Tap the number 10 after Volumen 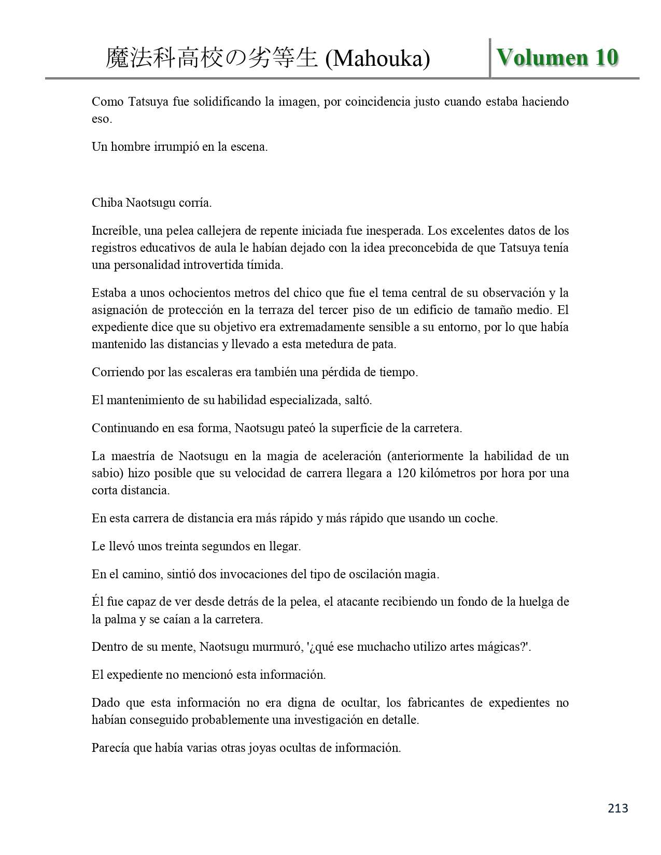pos(607,57)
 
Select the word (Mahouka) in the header pos(377,59)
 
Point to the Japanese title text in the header pos(212,58)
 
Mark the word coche pos(481,518)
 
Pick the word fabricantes pos(437,703)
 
